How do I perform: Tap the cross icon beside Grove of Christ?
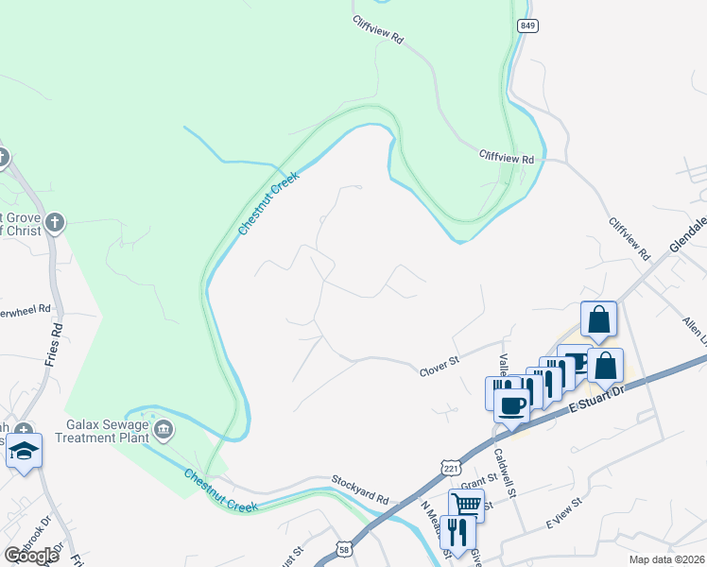(x=56, y=223)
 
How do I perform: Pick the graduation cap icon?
(x=24, y=451)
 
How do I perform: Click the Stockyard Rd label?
(x=360, y=497)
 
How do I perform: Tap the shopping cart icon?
(x=467, y=505)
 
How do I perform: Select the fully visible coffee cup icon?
(x=512, y=405)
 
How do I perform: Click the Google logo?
(x=32, y=556)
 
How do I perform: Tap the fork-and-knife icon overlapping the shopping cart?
(x=457, y=531)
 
